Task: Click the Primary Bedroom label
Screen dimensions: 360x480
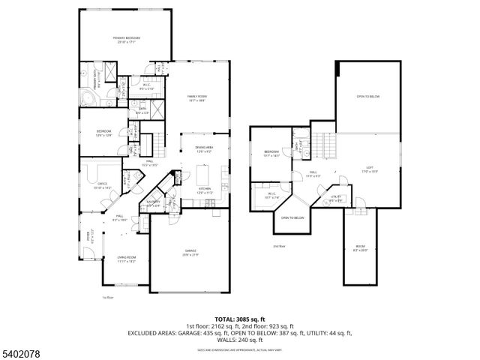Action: [x=127, y=40]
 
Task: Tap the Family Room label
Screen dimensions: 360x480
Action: [x=197, y=98]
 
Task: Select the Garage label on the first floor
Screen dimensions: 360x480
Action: [x=190, y=253]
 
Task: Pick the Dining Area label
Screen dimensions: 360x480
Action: [x=204, y=149]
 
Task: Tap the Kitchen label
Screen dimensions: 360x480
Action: [x=204, y=190]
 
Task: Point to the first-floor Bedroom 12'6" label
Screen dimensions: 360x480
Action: [x=103, y=133]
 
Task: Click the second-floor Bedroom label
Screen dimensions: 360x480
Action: [x=271, y=154]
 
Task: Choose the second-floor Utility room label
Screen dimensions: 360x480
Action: [x=337, y=199]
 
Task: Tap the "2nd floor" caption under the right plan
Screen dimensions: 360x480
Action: [x=279, y=246]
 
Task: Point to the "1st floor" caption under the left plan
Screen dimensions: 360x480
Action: [x=107, y=298]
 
